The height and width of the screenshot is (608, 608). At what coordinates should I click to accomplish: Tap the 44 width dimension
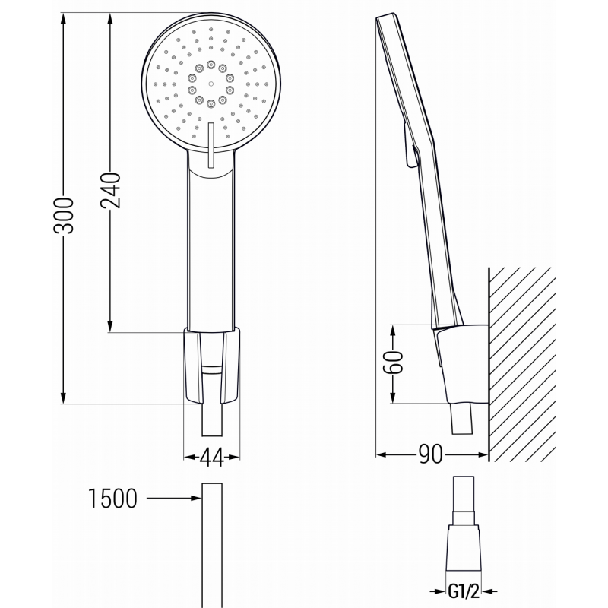(212, 457)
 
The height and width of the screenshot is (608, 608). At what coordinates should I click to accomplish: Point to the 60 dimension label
(392, 363)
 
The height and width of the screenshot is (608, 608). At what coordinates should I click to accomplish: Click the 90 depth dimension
(432, 455)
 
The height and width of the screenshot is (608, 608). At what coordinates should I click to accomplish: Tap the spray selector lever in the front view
(209, 144)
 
